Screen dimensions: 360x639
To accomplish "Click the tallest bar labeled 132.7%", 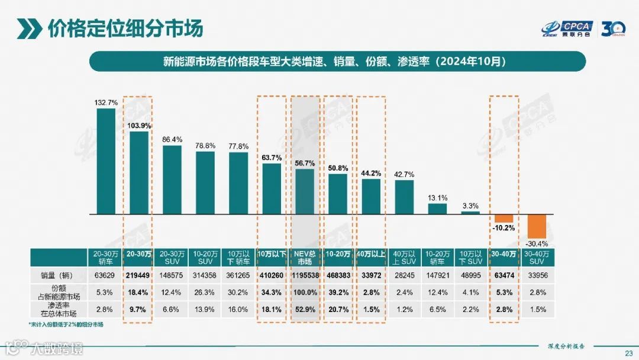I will tap(106, 160).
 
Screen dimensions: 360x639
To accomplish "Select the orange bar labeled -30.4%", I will tap(536, 226).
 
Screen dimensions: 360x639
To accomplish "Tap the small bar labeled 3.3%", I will tap(470, 212).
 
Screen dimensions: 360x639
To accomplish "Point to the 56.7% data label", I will tap(305, 163).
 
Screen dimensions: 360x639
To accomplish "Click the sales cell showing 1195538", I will tap(305, 276).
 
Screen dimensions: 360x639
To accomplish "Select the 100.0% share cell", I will tap(305, 292).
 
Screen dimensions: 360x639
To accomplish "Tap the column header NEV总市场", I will tap(305, 258).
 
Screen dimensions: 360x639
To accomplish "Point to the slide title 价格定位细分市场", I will tap(124, 28).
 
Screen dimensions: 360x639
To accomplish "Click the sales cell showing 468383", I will tap(338, 276).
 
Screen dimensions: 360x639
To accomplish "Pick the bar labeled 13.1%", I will tap(437, 208).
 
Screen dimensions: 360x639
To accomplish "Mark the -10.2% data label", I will tap(504, 227).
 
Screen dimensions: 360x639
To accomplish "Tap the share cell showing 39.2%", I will tap(338, 292).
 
